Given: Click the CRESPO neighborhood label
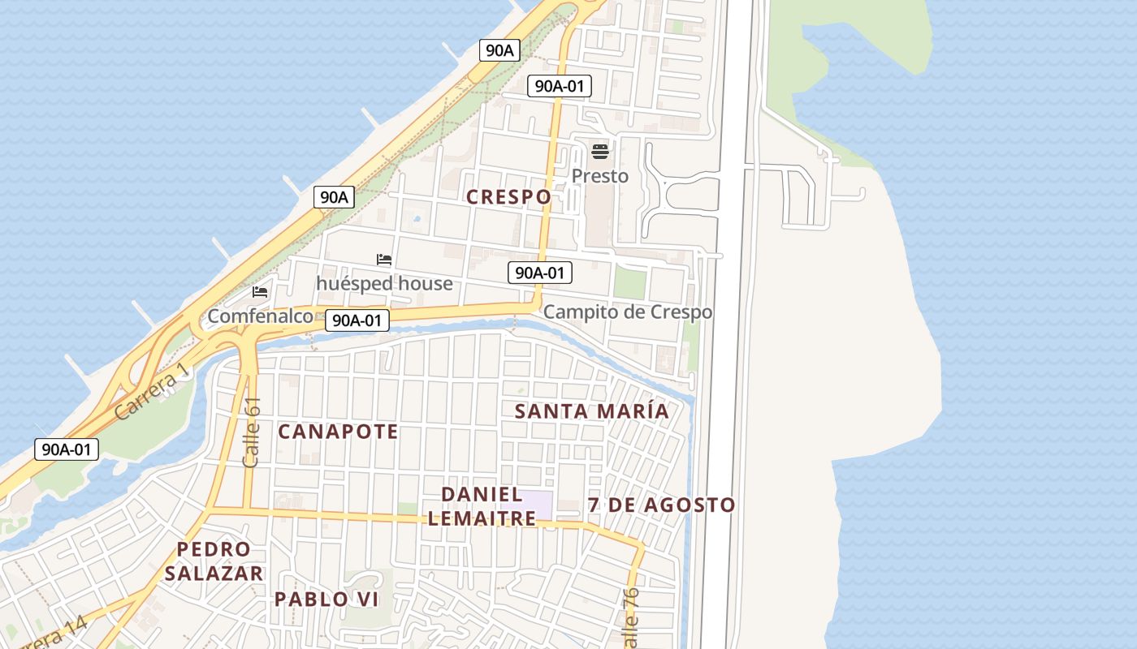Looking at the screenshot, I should coord(508,196).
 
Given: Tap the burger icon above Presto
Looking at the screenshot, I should coord(600,151).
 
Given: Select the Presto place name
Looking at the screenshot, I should coord(600,176).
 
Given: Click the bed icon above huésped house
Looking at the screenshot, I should coord(384,260).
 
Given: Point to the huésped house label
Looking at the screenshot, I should coord(384,283).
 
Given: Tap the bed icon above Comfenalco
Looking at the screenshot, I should coord(260,291).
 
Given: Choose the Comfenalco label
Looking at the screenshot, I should coord(260,316).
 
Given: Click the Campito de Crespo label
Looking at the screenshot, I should coord(627,312).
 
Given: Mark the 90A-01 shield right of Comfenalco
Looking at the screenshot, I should coord(357,320).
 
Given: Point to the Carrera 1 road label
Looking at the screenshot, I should coord(152,391).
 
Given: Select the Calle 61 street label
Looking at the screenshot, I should coord(252,432).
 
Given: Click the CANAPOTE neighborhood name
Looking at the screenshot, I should coord(338,432).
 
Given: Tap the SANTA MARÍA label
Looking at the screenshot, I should coord(592,411).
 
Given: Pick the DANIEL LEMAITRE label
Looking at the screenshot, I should coord(482,505).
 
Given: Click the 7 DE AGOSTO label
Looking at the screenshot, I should coord(661,505).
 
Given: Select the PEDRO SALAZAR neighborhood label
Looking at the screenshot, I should coord(214,561).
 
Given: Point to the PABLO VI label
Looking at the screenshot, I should coord(326,600).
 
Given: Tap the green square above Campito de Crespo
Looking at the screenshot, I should coord(629,282).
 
